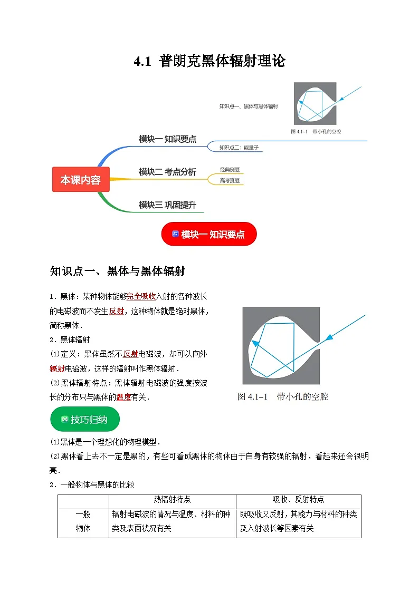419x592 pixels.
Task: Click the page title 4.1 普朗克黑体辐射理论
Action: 209,62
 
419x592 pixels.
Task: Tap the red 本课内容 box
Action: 80,180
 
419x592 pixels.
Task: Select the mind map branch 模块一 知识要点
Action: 167,139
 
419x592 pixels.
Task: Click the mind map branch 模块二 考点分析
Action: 167,172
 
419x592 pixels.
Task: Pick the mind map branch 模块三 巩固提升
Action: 167,205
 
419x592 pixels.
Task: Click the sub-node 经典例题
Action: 230,170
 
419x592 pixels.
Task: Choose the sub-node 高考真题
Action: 230,180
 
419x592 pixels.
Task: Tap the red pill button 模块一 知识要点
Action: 209,235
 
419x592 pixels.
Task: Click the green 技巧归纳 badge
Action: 84,420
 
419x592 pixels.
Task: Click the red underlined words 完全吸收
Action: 141,296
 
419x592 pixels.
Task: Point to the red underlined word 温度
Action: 123,397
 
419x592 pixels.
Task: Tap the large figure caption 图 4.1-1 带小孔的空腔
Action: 282,396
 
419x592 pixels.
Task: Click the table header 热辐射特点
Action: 172,499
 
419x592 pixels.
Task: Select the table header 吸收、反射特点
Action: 298,499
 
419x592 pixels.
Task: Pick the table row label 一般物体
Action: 83,521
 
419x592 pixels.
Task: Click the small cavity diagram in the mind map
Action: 315,103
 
